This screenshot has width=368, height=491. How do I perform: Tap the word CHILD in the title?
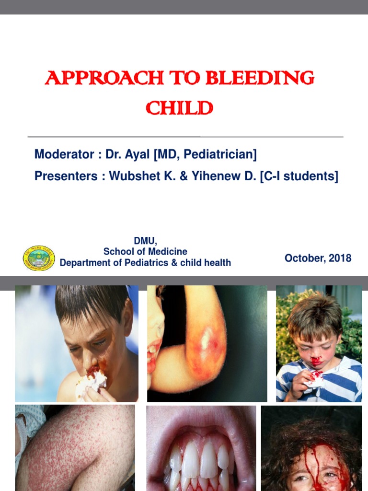[179, 108]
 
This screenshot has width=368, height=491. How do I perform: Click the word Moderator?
[64, 155]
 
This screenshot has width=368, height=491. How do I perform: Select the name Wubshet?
[132, 176]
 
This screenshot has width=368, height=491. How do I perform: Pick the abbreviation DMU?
[145, 241]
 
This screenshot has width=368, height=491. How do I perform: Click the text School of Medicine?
[145, 252]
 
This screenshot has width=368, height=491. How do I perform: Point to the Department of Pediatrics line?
[145, 263]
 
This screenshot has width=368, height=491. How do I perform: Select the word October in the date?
[303, 258]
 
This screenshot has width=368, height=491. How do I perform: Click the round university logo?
[39, 258]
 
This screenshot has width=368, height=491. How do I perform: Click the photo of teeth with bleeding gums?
[201, 448]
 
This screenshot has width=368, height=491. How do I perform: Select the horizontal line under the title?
[185, 137]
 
